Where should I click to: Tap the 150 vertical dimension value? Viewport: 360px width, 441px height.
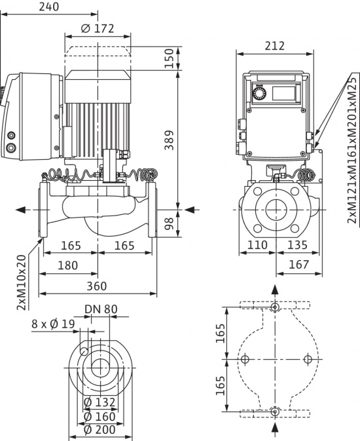pos(170,59)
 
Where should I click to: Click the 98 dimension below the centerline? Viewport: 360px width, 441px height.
pos(170,223)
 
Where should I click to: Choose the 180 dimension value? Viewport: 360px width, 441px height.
pos(67,265)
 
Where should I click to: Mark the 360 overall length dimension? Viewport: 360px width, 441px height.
pos(96,286)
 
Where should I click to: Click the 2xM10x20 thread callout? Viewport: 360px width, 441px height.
pos(22,282)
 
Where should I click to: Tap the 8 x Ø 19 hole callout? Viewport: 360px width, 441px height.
pos(53,324)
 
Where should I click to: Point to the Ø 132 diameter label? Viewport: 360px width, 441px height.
pos(99,402)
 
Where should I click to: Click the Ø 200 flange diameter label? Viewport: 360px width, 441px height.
pos(99,430)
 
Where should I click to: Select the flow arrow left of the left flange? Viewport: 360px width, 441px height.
pos(24,210)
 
